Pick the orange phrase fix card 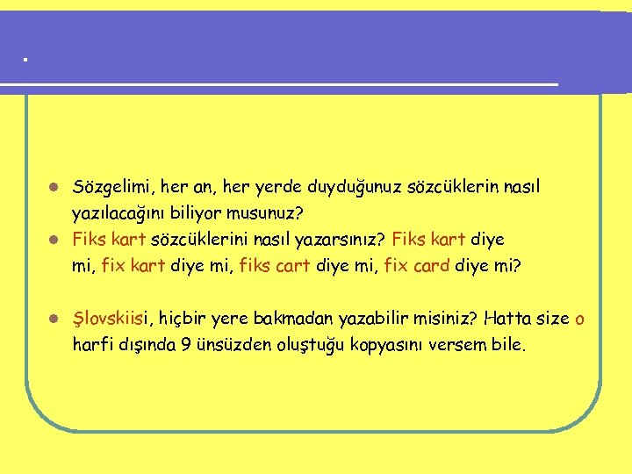(x=417, y=264)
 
